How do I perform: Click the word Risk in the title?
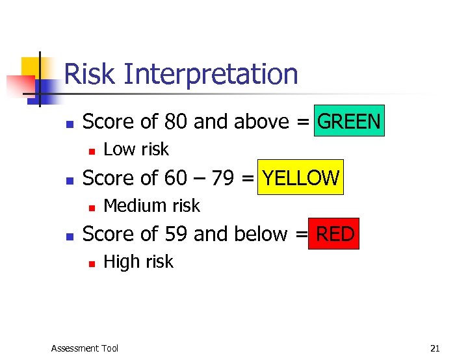coord(90,74)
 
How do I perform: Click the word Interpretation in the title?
coord(210,74)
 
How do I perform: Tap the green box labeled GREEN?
coord(349,121)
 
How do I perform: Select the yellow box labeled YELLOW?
coord(300,177)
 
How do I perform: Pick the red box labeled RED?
coord(335,234)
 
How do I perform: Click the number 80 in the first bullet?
coord(176,122)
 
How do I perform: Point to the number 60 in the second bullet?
coord(176,178)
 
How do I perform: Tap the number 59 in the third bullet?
coord(176,234)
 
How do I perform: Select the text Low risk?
coord(136,149)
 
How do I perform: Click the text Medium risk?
coord(151,206)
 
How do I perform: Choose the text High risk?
coord(138,262)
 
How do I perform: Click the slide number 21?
coord(435,348)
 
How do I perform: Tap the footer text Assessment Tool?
coord(84,348)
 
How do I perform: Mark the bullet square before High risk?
coord(92,263)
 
